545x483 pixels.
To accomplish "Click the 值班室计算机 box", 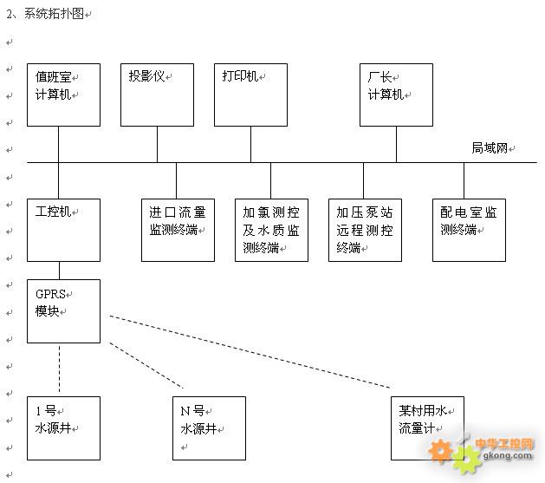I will [63, 95].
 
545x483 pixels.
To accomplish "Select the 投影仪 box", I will [158, 95].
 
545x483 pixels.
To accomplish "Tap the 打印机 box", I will [251, 95].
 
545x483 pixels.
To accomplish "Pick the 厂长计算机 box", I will [396, 95].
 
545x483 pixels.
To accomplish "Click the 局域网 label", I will [489, 148].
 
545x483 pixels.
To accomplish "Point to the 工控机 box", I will [63, 230].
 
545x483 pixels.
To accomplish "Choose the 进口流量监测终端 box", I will [178, 230].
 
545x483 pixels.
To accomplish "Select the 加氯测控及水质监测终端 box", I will [271, 230].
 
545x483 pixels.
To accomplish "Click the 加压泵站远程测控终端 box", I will [365, 230].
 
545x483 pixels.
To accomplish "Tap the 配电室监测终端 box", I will [469, 230].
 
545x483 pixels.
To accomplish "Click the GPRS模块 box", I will [63, 310].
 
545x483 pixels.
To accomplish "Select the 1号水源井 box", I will [63, 428].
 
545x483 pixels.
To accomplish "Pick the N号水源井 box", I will [209, 428].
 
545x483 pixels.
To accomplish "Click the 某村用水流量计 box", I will [426, 428].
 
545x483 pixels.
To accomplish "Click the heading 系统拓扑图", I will [55, 14].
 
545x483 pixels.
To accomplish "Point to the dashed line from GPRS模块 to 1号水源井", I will [59, 369].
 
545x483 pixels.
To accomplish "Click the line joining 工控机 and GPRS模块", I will [59, 271].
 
